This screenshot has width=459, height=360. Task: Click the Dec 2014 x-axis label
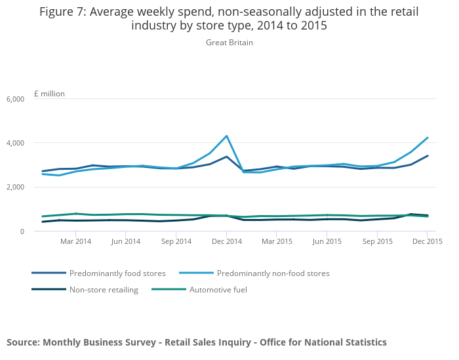coord(226,241)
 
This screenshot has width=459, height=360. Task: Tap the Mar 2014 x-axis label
coord(75,241)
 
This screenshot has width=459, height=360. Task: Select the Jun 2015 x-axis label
coord(327,241)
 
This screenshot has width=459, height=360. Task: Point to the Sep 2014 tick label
coord(176,241)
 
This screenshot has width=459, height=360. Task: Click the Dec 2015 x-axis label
coord(428,241)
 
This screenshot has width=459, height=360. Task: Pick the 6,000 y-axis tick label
coord(15,99)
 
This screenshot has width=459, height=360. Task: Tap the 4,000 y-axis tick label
coord(15,143)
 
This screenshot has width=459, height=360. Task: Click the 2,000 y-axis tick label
coord(15,188)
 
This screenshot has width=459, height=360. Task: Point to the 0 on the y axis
coord(22,231)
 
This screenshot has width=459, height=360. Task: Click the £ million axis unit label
coord(49,94)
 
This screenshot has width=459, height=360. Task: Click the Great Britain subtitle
coord(229,43)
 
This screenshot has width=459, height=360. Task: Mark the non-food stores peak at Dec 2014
coord(226,136)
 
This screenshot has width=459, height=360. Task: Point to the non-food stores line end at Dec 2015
coord(428,138)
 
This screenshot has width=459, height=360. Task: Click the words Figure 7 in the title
coord(63,12)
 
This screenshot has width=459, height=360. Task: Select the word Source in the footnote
coord(24,342)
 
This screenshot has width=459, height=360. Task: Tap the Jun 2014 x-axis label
coord(126,241)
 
